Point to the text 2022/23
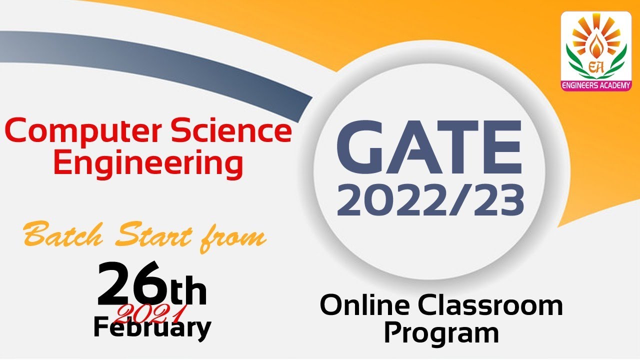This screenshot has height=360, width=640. coord(432,200)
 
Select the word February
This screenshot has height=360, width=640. coord(152,328)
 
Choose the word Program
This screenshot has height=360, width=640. coord(441,333)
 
